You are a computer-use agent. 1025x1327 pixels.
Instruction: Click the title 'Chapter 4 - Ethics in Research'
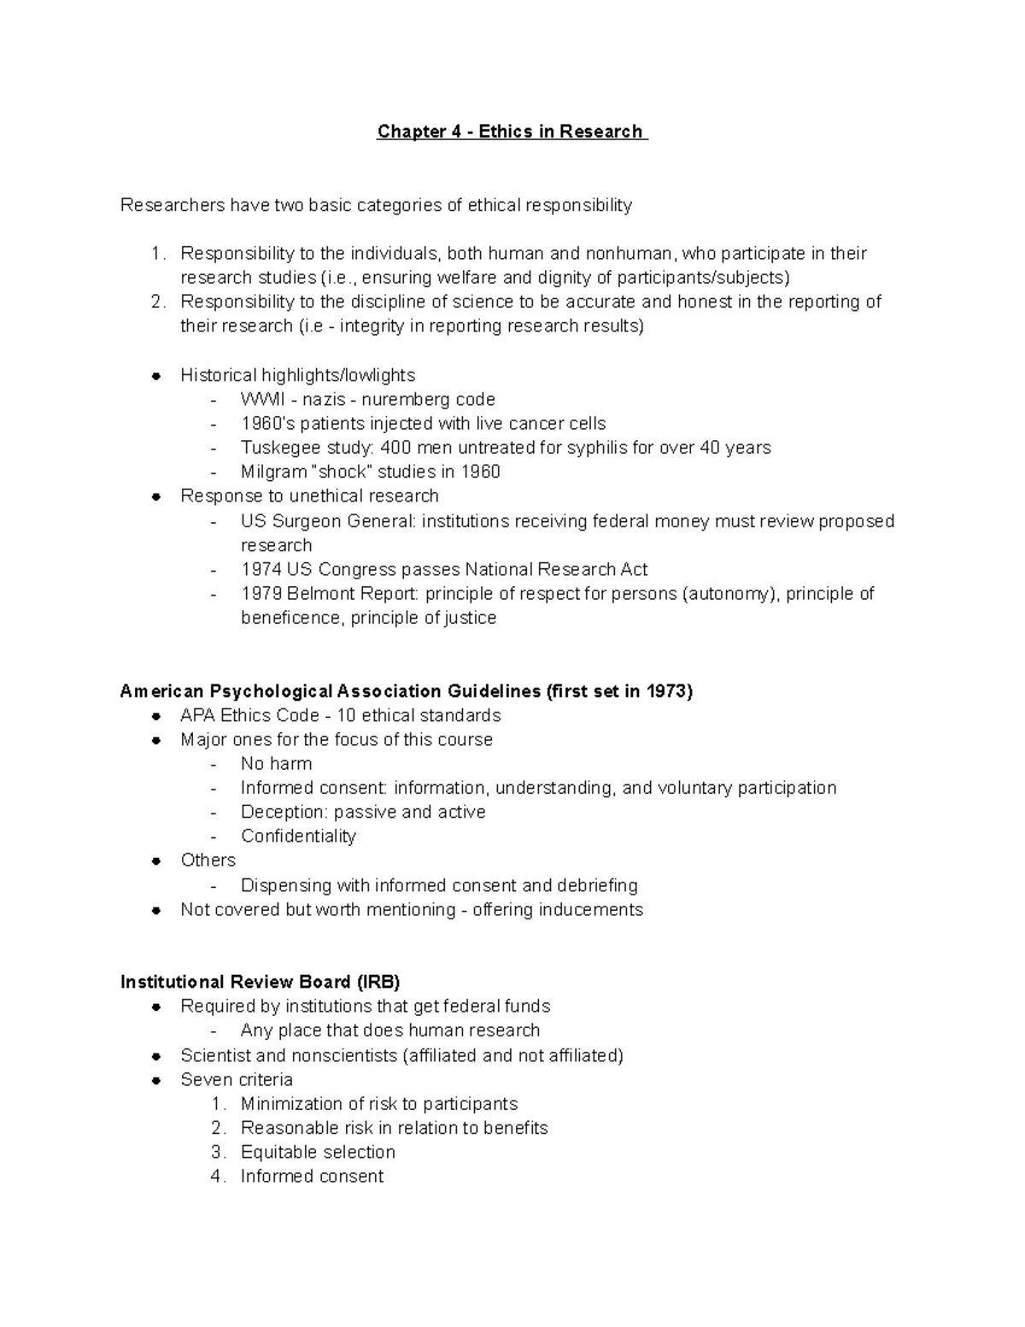click(x=512, y=132)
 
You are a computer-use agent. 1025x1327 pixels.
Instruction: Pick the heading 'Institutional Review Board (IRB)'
click(x=260, y=982)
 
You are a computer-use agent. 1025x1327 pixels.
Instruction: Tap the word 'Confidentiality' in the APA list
click(x=298, y=836)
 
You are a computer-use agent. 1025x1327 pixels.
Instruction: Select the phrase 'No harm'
click(x=276, y=763)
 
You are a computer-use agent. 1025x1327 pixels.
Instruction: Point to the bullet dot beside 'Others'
click(x=156, y=860)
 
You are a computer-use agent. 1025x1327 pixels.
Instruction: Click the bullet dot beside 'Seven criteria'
click(x=156, y=1080)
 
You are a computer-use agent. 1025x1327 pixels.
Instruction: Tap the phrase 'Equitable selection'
click(x=318, y=1152)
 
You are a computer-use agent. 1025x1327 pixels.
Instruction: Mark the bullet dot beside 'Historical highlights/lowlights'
click(x=156, y=376)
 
